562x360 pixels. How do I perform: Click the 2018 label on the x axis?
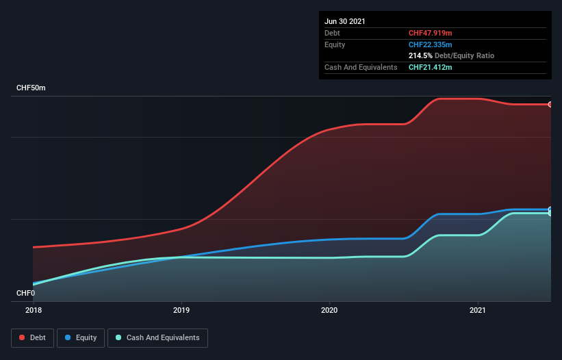click(x=33, y=310)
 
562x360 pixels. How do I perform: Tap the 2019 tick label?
click(x=181, y=310)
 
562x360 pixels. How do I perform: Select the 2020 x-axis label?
click(x=329, y=310)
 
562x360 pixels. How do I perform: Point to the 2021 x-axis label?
click(x=478, y=310)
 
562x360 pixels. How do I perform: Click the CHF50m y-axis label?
click(x=31, y=88)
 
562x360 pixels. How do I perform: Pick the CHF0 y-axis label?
click(x=25, y=294)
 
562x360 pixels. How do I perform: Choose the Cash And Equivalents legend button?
click(x=157, y=337)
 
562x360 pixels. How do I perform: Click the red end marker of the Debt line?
click(x=550, y=105)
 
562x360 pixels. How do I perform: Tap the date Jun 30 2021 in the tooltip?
click(x=345, y=21)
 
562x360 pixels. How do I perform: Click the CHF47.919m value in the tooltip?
click(x=431, y=33)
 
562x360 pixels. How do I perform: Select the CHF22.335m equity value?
click(x=431, y=44)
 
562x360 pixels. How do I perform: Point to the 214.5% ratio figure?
click(x=420, y=55)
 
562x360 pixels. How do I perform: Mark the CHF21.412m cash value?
click(x=431, y=67)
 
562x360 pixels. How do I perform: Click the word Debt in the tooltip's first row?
click(x=332, y=33)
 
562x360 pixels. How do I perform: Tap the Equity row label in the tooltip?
click(x=335, y=44)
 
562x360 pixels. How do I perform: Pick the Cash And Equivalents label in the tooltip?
click(x=361, y=67)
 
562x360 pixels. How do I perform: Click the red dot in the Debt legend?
click(x=23, y=337)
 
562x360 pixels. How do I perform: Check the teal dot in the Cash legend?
click(x=119, y=337)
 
